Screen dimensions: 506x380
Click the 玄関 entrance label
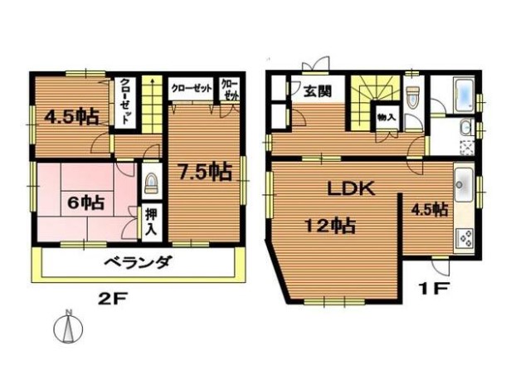(x=318, y=91)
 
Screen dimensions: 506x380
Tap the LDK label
(x=351, y=188)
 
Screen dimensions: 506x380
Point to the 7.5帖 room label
(x=206, y=172)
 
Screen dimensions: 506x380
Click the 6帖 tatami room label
(x=85, y=202)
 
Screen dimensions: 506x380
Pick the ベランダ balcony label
(x=138, y=262)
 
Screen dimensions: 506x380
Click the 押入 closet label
(x=151, y=222)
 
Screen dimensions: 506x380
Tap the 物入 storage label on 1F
(x=387, y=117)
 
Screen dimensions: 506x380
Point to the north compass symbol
(x=68, y=328)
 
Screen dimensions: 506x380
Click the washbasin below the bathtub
(x=465, y=128)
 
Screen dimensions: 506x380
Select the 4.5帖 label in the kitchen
(x=429, y=210)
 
